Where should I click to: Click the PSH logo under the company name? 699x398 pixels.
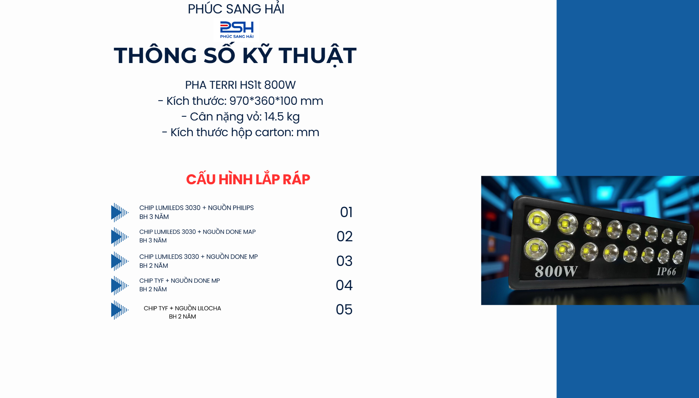pyautogui.click(x=237, y=30)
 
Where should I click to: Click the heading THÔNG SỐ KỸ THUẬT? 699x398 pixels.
pyautogui.click(x=235, y=56)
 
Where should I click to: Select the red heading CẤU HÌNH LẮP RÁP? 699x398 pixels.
pyautogui.click(x=248, y=179)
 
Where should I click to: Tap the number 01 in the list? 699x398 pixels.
pyautogui.click(x=346, y=212)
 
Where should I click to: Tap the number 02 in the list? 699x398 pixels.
pyautogui.click(x=344, y=236)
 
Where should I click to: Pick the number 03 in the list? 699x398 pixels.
pyautogui.click(x=344, y=261)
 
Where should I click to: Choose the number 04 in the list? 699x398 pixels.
pyautogui.click(x=344, y=285)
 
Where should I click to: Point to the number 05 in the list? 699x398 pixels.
pyautogui.click(x=344, y=310)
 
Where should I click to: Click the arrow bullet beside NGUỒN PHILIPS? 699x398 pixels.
pyautogui.click(x=119, y=213)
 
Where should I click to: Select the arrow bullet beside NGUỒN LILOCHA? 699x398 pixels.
pyautogui.click(x=119, y=310)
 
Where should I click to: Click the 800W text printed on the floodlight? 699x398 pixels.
pyautogui.click(x=556, y=272)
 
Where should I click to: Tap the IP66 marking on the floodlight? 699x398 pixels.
pyautogui.click(x=666, y=272)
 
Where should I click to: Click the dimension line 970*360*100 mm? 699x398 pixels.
pyautogui.click(x=276, y=101)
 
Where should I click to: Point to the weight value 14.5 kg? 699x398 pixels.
pyautogui.click(x=282, y=117)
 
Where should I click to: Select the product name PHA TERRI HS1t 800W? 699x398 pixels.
pyautogui.click(x=240, y=85)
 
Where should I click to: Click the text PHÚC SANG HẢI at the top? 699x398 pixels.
pyautogui.click(x=236, y=9)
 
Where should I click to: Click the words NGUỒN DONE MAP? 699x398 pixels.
pyautogui.click(x=229, y=232)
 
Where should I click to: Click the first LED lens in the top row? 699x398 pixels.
pyautogui.click(x=539, y=220)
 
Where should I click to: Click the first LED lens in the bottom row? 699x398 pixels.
pyautogui.click(x=536, y=249)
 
